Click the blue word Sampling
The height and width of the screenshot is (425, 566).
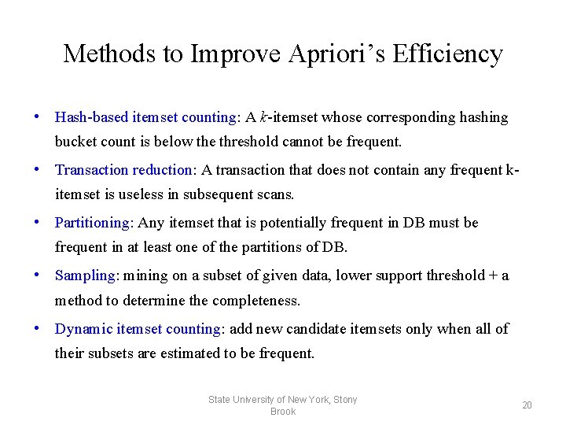coord(85,275)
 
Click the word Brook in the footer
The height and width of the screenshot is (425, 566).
coord(282,412)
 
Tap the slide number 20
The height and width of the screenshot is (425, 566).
coord(527,405)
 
